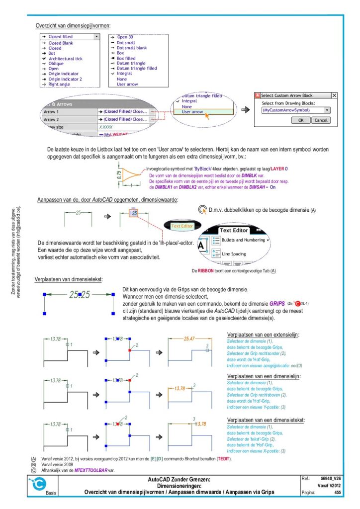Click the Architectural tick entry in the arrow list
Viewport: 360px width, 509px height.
click(x=65, y=59)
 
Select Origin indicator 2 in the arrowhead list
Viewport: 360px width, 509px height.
click(x=65, y=79)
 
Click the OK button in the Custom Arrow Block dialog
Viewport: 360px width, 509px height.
click(x=300, y=120)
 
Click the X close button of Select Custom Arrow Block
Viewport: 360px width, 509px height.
click(x=334, y=95)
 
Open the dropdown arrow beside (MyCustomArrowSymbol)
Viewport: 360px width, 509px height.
click(x=327, y=110)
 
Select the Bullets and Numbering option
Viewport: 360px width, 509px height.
click(x=242, y=240)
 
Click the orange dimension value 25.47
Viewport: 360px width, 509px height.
click(x=189, y=339)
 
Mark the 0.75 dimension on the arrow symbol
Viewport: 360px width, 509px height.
click(x=119, y=175)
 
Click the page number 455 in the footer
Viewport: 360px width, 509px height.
click(x=337, y=492)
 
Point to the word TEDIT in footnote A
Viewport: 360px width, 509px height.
click(x=224, y=459)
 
